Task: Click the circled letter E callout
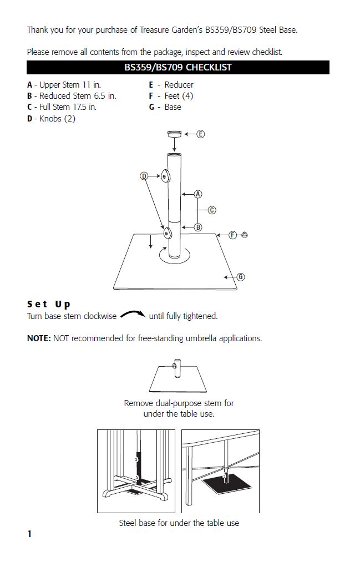(x=200, y=134)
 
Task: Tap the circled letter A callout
(x=198, y=194)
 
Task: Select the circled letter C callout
(x=212, y=210)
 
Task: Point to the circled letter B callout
(x=198, y=227)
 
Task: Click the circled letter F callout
(x=233, y=235)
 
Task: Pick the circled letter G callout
(x=240, y=276)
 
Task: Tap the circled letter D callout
(x=144, y=176)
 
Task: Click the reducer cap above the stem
(x=175, y=134)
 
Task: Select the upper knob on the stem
(x=165, y=177)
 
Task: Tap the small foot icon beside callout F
(x=245, y=235)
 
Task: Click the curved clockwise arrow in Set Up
(x=133, y=315)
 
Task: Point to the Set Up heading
(x=49, y=304)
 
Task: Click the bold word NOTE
(x=39, y=338)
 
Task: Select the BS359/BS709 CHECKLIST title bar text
(x=178, y=68)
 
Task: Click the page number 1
(x=29, y=534)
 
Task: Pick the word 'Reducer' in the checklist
(x=179, y=85)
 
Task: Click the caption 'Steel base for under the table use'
(x=179, y=523)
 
